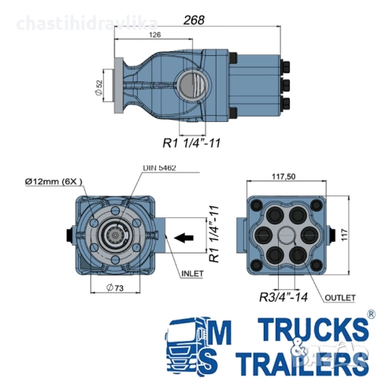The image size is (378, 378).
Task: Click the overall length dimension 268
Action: tap(194, 20)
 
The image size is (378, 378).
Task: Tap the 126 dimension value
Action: tap(155, 35)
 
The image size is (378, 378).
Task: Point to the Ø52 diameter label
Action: tap(98, 87)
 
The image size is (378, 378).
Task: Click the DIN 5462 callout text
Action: tap(159, 168)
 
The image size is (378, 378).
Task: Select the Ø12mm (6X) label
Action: tap(54, 181)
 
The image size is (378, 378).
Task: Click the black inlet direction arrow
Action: tap(183, 238)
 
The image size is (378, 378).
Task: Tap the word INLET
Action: tap(192, 273)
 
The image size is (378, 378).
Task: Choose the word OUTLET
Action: tap(340, 298)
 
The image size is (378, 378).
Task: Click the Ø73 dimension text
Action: tap(115, 287)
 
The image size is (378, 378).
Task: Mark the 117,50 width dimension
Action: tap(283, 176)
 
